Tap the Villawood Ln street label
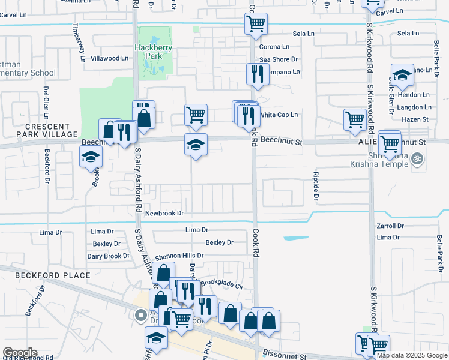pyautogui.click(x=109, y=59)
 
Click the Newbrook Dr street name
pyautogui.click(x=164, y=213)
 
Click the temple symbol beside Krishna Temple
pyautogui.click(x=419, y=159)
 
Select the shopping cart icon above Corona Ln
pyautogui.click(x=256, y=24)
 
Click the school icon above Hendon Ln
pyautogui.click(x=402, y=74)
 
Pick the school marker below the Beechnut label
pyautogui.click(x=91, y=157)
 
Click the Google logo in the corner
pyautogui.click(x=20, y=353)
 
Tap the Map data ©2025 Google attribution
pyautogui.click(x=411, y=355)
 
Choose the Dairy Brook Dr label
pyautogui.click(x=108, y=256)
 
